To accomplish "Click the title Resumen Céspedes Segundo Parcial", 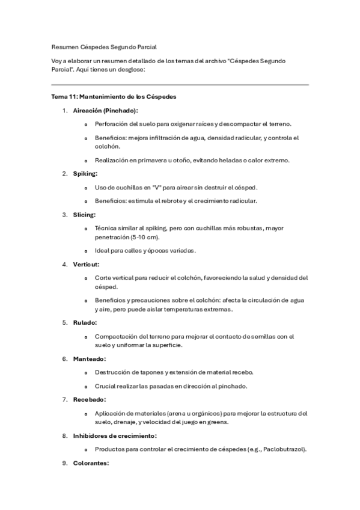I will point(104,46).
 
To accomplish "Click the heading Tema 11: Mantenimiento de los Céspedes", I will point(114,96).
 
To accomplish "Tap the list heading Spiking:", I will point(85,174).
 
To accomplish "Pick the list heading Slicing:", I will point(84,214).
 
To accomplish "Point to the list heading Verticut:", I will point(86,263).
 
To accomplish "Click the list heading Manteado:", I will point(90,358).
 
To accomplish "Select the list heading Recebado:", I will point(90,399).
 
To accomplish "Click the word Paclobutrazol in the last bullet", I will point(282,449).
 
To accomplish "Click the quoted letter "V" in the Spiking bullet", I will point(157,188).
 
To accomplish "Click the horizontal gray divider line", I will point(180,85).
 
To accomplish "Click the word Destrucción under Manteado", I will point(112,372).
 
